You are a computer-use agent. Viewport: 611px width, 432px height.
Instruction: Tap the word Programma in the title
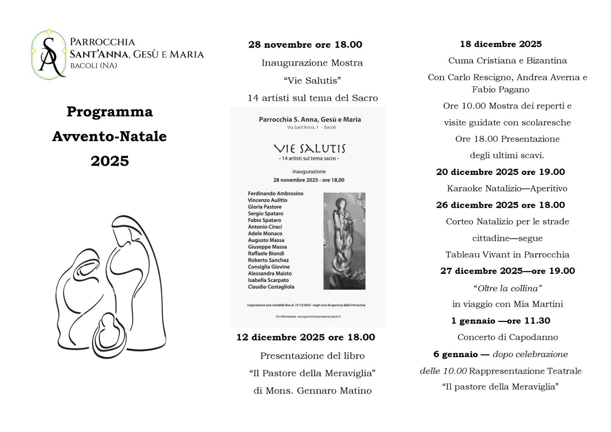pos(110,112)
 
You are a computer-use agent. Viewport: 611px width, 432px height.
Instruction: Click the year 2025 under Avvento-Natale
pos(110,161)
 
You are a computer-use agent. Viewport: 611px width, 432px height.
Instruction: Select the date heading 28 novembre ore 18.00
pos(305,45)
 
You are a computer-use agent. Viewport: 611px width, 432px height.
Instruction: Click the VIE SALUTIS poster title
pos(309,148)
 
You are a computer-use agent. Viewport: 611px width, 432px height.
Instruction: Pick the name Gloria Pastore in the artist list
pos(265,207)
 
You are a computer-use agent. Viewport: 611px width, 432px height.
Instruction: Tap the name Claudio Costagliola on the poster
pos(271,286)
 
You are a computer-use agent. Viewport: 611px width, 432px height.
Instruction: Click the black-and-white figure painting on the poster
pos(344,241)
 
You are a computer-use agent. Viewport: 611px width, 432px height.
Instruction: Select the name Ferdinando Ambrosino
pos(275,193)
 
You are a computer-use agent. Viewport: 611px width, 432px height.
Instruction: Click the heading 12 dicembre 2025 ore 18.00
pos(305,337)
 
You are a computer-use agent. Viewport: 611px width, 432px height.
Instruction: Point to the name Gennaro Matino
pos(334,391)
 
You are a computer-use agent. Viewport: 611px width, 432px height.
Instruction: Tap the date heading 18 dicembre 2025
pos(501,44)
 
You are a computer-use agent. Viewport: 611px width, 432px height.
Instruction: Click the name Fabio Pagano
pos(500,90)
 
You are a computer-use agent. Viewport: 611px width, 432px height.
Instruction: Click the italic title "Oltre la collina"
pos(508,288)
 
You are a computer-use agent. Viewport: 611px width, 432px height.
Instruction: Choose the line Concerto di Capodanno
pos(508,337)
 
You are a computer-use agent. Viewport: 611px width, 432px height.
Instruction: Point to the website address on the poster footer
pos(318,317)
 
